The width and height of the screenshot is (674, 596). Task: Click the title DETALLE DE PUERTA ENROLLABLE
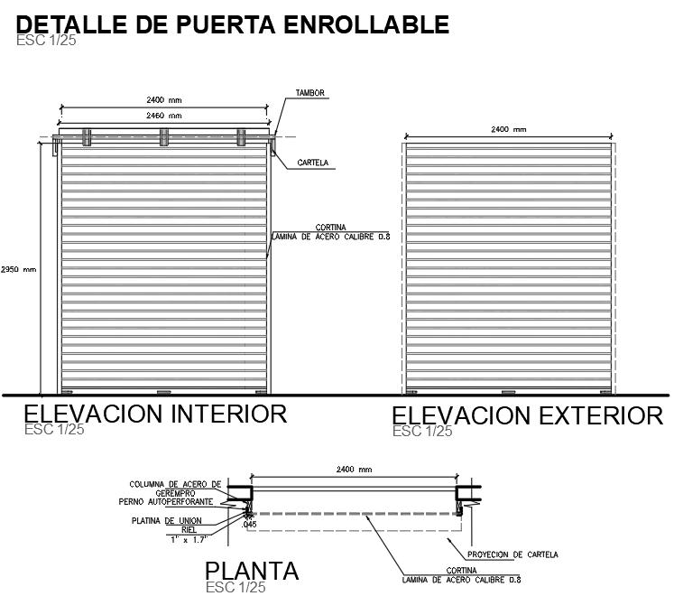pos(234,23)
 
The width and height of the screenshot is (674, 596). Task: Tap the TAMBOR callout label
pos(309,93)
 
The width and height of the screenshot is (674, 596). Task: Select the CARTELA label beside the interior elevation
pos(312,163)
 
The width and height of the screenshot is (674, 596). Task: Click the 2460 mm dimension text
pos(163,116)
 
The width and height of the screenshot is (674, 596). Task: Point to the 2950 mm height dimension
pos(18,269)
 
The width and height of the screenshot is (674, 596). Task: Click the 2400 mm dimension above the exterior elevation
pos(508,130)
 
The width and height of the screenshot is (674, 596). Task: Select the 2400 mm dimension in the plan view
pos(354,470)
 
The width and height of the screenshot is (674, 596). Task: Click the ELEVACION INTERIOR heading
pos(155,414)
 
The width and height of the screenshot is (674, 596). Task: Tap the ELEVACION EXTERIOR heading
pos(527,415)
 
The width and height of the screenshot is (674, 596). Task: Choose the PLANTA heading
pos(252,571)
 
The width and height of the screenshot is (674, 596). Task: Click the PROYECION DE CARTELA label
pos(512,554)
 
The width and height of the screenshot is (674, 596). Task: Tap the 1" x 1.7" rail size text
pos(188,539)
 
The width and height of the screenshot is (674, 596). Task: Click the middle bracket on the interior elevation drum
pos(163,136)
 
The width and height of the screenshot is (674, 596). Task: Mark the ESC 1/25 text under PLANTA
pos(235,587)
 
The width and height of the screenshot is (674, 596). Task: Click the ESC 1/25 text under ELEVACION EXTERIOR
pos(422,432)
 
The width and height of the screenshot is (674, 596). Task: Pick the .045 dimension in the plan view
pos(250,524)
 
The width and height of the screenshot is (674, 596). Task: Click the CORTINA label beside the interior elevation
pos(330,228)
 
